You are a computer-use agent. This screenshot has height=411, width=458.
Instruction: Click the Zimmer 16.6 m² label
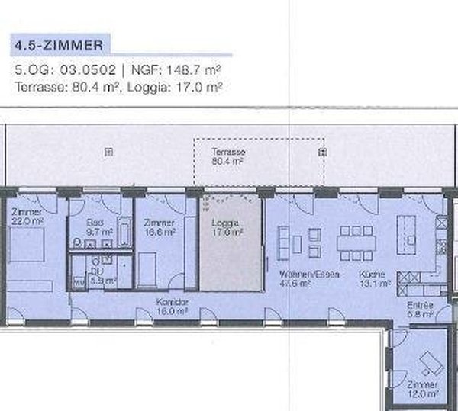[159, 226]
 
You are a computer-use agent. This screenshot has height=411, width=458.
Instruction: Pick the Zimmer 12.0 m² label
[421, 389]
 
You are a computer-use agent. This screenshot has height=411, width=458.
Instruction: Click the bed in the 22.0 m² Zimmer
[31, 248]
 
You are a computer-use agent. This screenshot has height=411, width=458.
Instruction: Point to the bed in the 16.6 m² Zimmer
[147, 267]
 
